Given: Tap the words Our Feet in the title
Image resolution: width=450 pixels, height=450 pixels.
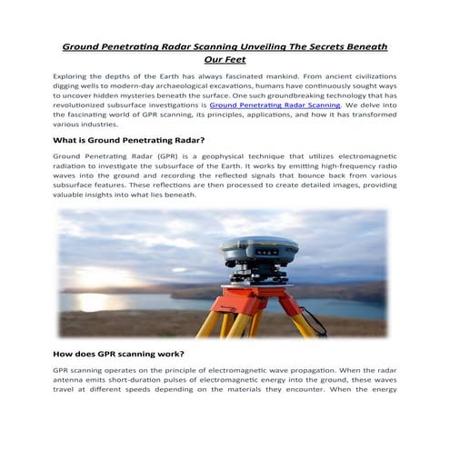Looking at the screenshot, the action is (225, 59).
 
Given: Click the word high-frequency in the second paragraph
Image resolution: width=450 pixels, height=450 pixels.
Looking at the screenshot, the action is (338, 169).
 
